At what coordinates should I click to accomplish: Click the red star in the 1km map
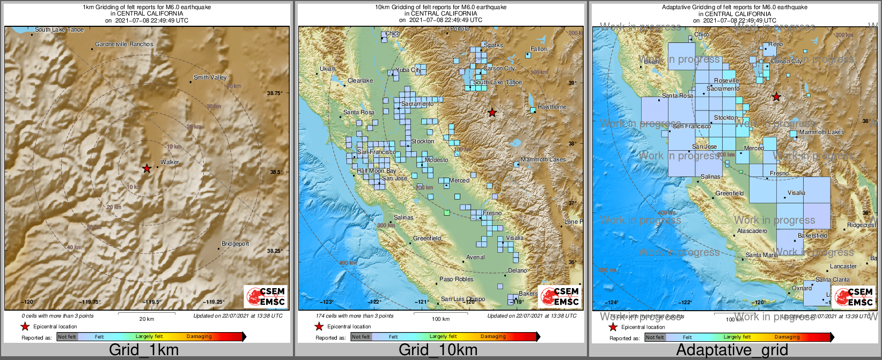(x=146, y=168)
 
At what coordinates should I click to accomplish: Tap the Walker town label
(x=170, y=162)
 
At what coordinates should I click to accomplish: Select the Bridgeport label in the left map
(x=235, y=244)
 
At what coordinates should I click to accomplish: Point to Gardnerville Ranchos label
(x=124, y=44)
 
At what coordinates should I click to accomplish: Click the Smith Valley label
(x=210, y=77)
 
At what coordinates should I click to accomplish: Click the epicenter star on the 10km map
(x=492, y=113)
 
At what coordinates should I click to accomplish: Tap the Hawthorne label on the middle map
(x=552, y=107)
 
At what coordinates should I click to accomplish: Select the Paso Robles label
(x=456, y=279)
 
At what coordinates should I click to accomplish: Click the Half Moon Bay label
(x=377, y=171)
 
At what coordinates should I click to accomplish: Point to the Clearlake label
(x=360, y=80)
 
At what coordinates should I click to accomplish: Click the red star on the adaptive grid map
(x=776, y=97)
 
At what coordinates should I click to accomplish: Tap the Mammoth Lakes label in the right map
(x=821, y=132)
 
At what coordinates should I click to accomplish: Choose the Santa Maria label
(x=761, y=255)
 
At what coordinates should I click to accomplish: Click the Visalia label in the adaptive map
(x=796, y=193)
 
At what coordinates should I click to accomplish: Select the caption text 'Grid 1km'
(x=143, y=350)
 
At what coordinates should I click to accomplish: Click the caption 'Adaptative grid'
(x=732, y=350)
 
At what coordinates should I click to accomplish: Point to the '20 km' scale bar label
(x=146, y=319)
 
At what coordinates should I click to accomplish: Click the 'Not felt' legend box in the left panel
(x=67, y=337)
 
